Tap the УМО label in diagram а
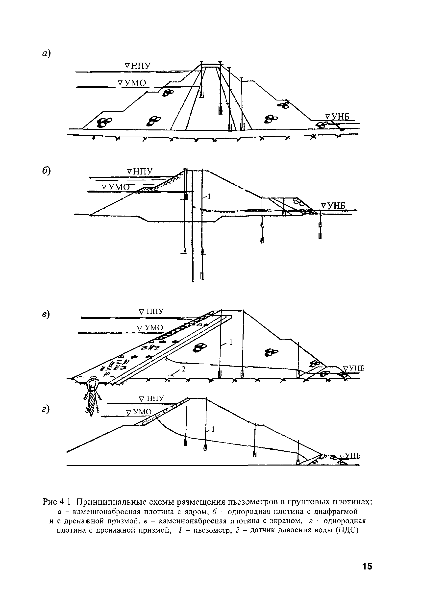point(132,83)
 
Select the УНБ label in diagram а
point(338,117)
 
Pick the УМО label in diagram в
point(150,328)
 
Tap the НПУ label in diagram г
point(152,399)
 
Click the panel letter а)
point(46,53)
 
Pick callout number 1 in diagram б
point(209,197)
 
